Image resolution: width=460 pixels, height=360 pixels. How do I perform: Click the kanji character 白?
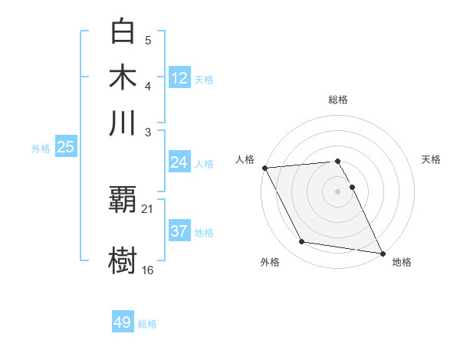123,31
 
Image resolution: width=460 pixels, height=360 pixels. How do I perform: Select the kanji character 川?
123,123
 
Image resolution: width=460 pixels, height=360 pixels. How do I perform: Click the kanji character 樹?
123,259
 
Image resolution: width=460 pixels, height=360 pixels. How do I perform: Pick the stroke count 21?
148,209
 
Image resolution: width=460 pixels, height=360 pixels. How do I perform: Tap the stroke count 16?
148,270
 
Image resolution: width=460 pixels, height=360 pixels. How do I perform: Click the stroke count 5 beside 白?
147,41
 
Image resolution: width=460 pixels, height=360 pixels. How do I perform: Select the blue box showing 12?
179,77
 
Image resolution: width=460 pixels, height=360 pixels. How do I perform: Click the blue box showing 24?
179,162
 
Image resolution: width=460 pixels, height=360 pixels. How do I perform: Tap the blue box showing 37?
179,231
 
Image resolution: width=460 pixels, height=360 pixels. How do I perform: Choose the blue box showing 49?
123,322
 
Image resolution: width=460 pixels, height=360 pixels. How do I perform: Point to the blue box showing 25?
65,147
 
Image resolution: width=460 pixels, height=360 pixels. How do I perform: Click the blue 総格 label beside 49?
148,324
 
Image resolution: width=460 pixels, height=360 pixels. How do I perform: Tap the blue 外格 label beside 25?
41,149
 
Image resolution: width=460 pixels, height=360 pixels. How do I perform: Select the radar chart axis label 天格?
431,159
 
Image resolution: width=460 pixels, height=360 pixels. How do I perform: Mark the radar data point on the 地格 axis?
381,252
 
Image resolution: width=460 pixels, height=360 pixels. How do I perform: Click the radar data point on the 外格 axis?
302,242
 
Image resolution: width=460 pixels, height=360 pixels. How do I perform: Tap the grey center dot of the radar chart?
337,191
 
